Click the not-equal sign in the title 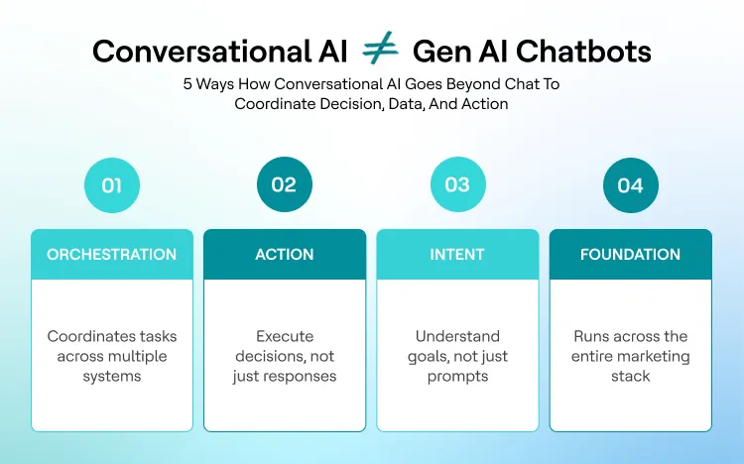(380, 50)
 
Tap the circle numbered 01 (112, 185)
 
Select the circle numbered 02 (285, 185)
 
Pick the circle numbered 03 (457, 185)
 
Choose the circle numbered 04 (630, 185)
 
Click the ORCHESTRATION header (112, 255)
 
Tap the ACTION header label (285, 255)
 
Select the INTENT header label (457, 255)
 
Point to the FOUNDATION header (630, 255)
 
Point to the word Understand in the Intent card (457, 337)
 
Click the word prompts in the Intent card (457, 377)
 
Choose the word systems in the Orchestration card (112, 377)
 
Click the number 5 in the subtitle (187, 85)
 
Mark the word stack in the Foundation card (631, 377)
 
